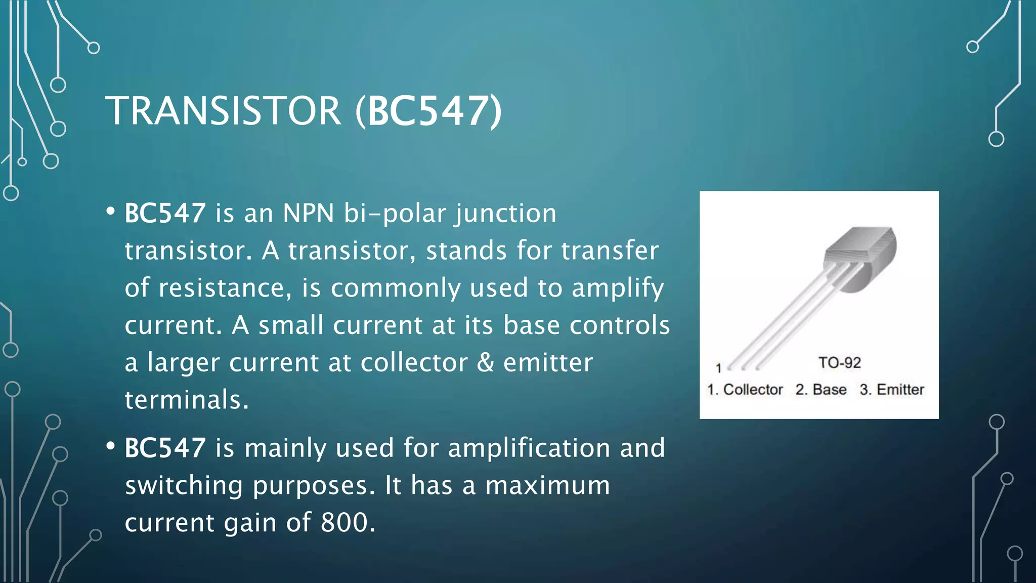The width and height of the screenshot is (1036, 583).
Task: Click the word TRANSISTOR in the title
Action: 223,111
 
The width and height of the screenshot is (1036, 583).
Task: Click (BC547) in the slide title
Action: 428,111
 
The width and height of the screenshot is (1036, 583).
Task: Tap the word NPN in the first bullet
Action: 308,213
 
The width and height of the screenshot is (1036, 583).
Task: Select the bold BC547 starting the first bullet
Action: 165,213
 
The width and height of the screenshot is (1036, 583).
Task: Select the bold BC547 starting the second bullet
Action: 165,448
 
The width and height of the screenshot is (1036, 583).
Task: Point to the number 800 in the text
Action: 344,522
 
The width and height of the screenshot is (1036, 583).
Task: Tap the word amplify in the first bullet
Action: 618,288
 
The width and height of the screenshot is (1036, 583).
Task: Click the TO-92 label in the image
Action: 839,362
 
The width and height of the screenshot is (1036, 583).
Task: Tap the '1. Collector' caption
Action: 745,390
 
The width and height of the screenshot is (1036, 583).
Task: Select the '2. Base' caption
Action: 821,390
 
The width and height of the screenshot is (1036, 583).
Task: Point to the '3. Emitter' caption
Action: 892,390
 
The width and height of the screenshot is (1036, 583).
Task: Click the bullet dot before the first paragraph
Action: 111,212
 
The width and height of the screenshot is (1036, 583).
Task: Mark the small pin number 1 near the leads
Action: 718,368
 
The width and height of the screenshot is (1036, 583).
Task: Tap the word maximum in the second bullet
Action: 547,485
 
